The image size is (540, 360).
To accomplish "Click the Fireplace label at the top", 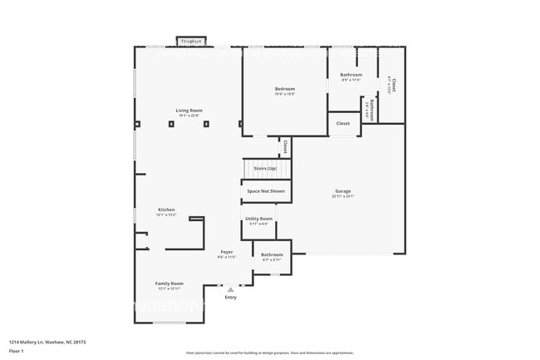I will coord(192,41).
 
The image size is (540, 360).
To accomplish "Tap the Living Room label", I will coord(189,111).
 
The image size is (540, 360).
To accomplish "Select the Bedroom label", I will coord(285,89).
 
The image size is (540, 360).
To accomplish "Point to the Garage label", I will coord(343,191).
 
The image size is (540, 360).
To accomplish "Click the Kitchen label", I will coord(166,210).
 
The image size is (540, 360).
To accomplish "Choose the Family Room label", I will coord(169,283).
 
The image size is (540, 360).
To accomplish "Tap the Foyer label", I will coord(226,251).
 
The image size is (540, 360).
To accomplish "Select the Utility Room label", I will coord(258,218).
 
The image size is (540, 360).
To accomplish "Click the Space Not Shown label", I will coord(266,191).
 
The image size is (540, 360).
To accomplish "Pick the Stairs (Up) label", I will coord(265,169).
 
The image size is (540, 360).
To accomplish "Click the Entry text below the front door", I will coord(230,297).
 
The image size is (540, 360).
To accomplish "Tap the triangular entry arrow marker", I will coord(230,289).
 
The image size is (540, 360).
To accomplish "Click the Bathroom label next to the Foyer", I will coord(272,254).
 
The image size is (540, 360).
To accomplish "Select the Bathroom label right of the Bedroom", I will coord(351,75).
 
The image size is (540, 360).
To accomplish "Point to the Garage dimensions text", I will coord(343,197).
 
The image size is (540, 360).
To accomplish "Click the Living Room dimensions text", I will coord(189,116).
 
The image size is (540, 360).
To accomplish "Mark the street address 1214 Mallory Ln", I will coord(48,342).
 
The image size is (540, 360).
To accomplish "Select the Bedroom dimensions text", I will coord(285,94).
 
